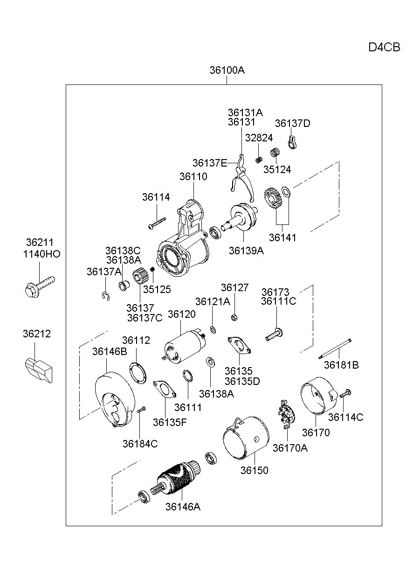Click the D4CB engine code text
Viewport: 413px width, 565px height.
click(384, 47)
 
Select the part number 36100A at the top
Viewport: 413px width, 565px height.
click(227, 70)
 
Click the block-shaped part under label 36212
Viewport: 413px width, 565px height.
click(39, 370)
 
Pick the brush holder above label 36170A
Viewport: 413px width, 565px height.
click(287, 414)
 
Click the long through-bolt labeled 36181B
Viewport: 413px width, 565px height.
click(335, 349)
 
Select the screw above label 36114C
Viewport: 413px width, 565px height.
click(345, 393)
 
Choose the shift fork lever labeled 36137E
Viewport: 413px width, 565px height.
click(242, 178)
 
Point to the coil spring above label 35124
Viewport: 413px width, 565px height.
click(275, 153)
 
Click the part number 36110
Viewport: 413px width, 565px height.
click(193, 176)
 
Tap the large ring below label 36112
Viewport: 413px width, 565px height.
click(138, 373)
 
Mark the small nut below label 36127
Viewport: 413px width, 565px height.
click(234, 318)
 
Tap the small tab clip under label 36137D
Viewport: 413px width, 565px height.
click(292, 142)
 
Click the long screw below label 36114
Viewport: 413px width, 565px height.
click(157, 223)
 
